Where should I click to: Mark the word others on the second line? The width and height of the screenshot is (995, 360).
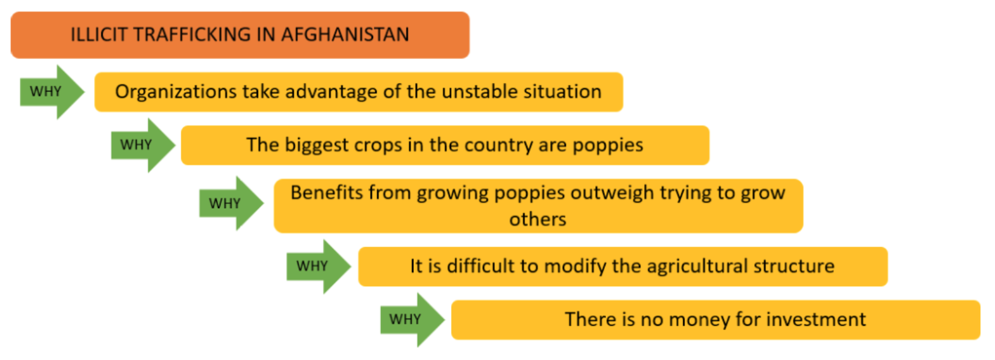[x=538, y=219]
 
